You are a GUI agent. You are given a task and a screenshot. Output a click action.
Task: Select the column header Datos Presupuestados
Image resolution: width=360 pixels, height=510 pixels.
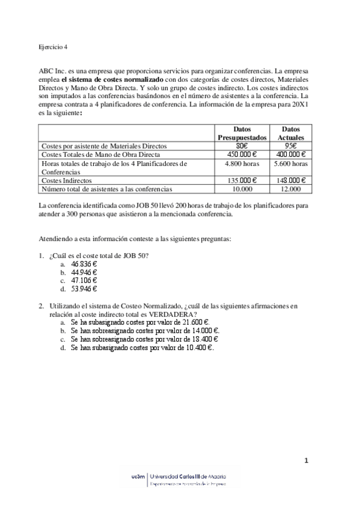[x=242, y=133]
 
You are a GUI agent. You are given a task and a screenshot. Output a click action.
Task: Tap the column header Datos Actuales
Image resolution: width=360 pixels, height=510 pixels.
[x=291, y=133]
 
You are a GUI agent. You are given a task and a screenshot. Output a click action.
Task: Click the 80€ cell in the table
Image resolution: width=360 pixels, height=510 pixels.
[x=242, y=145]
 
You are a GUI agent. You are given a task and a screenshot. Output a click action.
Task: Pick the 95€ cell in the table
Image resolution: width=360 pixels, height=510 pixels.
[x=291, y=145]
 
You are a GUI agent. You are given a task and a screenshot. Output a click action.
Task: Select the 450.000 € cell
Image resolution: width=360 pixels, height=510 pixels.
[x=242, y=153]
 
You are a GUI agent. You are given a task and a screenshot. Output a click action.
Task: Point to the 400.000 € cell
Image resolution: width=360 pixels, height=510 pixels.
[x=291, y=153]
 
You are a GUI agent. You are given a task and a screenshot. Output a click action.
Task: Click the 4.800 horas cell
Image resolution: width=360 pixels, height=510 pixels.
[x=242, y=162]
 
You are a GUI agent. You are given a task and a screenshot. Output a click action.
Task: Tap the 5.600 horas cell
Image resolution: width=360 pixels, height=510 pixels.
[x=291, y=162]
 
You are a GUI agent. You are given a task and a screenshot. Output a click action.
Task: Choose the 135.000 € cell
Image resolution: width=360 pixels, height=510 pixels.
[x=242, y=180]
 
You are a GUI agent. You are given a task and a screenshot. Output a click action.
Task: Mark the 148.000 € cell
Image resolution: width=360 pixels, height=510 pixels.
[x=291, y=180]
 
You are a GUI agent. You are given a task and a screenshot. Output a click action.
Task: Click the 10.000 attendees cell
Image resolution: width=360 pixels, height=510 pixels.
[x=242, y=188]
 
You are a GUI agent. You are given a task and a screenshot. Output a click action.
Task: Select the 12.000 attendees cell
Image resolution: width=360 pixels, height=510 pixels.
[x=291, y=188]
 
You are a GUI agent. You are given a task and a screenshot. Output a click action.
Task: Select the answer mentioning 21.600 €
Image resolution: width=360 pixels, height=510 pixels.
[x=139, y=322]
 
